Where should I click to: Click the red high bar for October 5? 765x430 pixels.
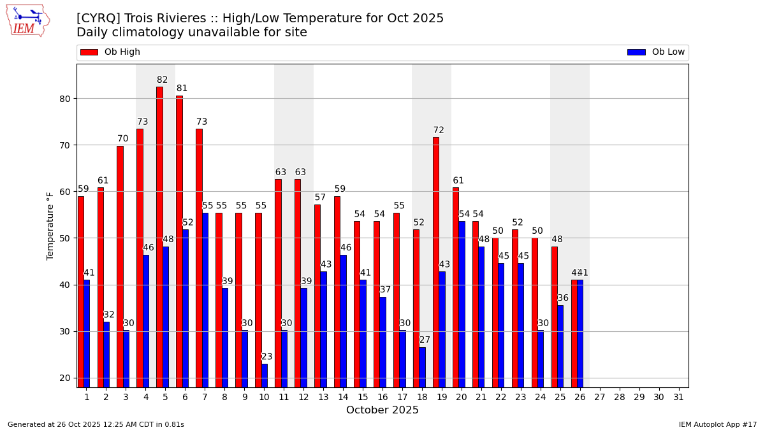click(159, 236)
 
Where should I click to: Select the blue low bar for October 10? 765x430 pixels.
click(265, 375)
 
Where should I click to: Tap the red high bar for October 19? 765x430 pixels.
click(436, 261)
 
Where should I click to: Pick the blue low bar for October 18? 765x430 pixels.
click(423, 367)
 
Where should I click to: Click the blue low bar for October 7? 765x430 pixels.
click(205, 299)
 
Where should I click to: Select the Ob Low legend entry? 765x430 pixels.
click(656, 52)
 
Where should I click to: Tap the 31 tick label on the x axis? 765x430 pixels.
click(678, 397)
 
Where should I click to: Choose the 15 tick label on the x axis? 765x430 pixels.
click(363, 397)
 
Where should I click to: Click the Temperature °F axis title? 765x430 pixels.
click(51, 226)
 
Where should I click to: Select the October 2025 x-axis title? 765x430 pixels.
click(382, 410)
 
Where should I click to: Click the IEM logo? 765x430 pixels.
click(27, 20)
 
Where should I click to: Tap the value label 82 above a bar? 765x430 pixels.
click(163, 80)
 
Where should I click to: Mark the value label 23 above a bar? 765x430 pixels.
click(267, 357)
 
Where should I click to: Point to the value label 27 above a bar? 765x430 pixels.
click(425, 340)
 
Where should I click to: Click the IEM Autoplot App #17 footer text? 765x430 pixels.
click(718, 424)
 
